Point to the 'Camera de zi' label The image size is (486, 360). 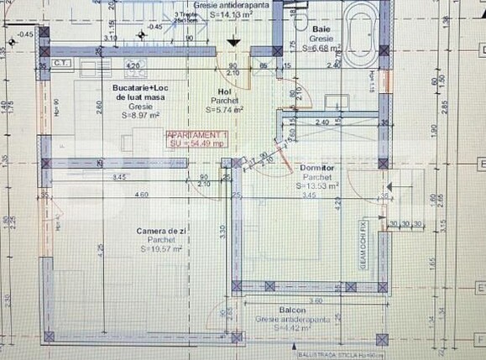(x=158, y=230)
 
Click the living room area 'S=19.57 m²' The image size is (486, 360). (x=158, y=249)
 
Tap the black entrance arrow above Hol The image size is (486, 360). (x=238, y=42)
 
